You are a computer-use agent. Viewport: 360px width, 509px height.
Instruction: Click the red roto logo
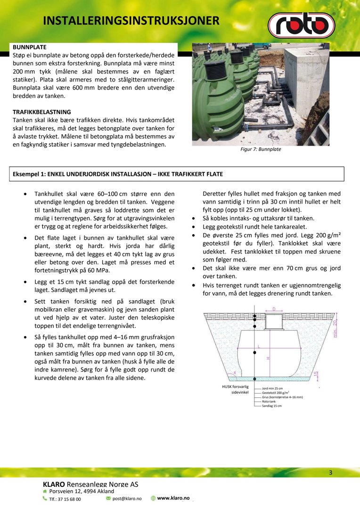301,25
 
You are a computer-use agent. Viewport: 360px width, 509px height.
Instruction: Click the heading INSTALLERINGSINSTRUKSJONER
131,21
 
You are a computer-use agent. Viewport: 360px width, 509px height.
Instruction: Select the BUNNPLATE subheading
29,48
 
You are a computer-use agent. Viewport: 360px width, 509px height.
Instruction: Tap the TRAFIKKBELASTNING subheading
41,112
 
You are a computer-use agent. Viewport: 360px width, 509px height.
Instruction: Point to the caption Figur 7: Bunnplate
261,150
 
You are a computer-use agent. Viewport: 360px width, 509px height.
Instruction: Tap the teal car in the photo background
267,46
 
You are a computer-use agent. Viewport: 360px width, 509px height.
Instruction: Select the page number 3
331,473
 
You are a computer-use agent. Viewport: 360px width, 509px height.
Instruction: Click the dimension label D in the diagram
274,309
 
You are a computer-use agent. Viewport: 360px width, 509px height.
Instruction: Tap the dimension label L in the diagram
259,346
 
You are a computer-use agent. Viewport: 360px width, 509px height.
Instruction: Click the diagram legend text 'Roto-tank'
269,401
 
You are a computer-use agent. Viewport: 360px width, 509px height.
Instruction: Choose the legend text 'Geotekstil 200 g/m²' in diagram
276,393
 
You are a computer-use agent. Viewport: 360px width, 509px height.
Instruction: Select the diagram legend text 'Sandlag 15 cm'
271,405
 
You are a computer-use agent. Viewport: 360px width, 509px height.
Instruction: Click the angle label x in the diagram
235,372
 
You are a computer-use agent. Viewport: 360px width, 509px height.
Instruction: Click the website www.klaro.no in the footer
173,498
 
